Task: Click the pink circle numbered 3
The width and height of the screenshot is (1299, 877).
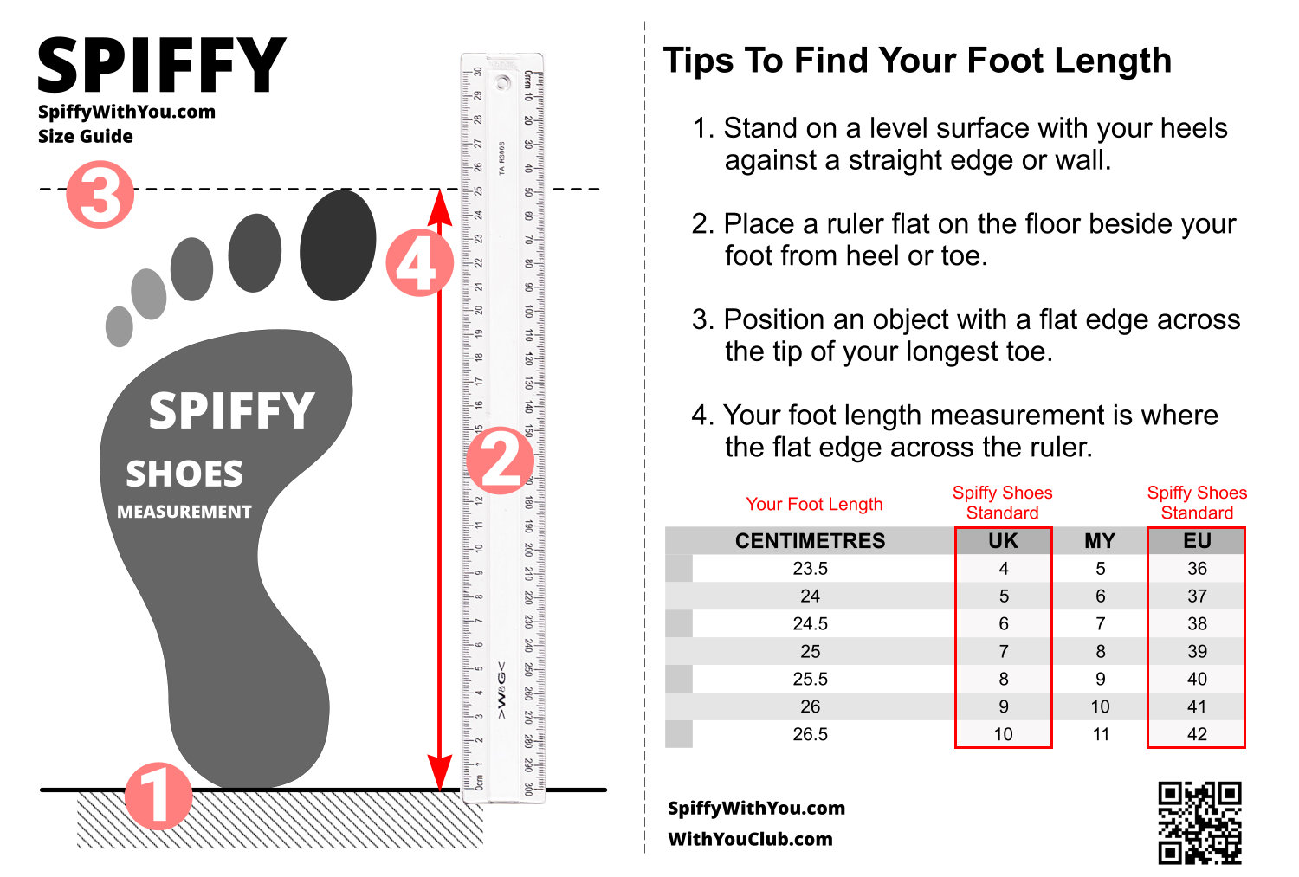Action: tap(100, 194)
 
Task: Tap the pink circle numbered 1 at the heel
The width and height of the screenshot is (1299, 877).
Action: tap(158, 795)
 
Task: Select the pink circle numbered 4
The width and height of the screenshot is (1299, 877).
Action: tap(418, 263)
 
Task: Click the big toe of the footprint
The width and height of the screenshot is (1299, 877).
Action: tap(338, 245)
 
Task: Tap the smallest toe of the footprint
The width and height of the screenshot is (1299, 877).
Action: tap(119, 326)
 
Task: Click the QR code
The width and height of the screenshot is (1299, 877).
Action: tap(1199, 822)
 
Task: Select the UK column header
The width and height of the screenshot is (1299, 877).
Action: tap(1003, 541)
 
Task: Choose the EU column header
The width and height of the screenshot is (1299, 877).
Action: tap(1197, 541)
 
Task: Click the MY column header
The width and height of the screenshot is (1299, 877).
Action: tap(1100, 541)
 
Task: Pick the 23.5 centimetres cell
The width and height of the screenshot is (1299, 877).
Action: tap(810, 569)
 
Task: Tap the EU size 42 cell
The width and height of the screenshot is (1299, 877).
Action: tap(1197, 734)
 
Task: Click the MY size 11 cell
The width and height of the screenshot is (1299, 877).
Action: tap(1100, 734)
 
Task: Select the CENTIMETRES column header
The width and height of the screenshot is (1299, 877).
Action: tap(810, 541)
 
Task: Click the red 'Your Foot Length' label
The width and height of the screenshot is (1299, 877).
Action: tap(814, 504)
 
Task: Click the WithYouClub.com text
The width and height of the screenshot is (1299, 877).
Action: tap(750, 839)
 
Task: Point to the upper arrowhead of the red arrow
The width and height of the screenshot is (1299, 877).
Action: tap(440, 205)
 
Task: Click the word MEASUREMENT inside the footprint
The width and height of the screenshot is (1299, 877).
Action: tap(184, 512)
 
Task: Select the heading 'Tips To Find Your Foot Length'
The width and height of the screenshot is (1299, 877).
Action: tap(917, 61)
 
